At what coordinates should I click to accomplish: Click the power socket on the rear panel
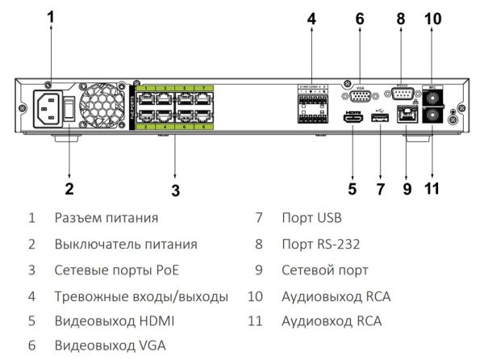47,107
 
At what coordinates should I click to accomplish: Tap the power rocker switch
70,108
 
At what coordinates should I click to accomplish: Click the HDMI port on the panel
353,119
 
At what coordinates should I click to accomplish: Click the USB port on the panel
378,119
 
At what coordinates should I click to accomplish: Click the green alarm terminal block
313,110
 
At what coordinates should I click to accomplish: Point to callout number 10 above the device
434,18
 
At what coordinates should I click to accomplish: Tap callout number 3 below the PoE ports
175,191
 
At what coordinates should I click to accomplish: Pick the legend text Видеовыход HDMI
114,320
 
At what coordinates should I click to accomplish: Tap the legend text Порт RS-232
320,244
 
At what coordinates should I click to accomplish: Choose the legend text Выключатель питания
126,244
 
